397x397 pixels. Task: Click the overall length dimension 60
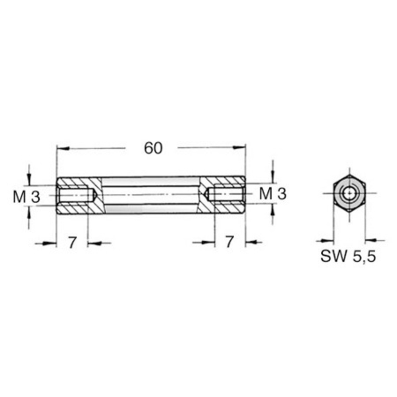(x=153, y=148)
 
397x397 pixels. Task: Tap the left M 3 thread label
(x=27, y=197)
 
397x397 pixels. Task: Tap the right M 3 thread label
(x=273, y=194)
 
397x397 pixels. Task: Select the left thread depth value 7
(x=72, y=242)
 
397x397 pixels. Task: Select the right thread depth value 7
(x=229, y=241)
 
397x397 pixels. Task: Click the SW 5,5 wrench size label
(x=348, y=256)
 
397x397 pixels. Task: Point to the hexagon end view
(x=349, y=193)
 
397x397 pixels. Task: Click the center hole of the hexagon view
(x=349, y=193)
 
